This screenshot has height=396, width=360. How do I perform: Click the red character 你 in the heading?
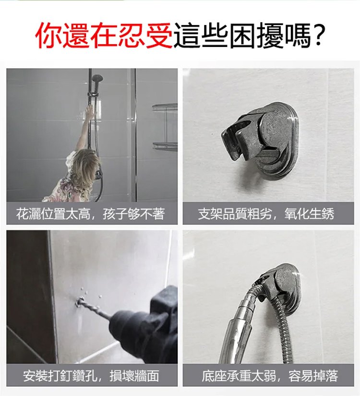coord(49,35)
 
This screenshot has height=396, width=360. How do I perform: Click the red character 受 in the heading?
coord(159,35)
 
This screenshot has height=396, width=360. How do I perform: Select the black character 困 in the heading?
coord(242,35)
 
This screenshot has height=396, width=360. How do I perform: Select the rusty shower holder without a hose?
coord(261,140)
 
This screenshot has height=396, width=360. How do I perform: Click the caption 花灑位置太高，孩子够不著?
coord(91,214)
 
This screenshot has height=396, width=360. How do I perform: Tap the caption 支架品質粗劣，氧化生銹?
coord(266,214)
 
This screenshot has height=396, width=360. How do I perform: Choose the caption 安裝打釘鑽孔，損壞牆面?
coord(91,375)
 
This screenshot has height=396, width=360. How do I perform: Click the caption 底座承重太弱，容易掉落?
coord(270,375)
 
